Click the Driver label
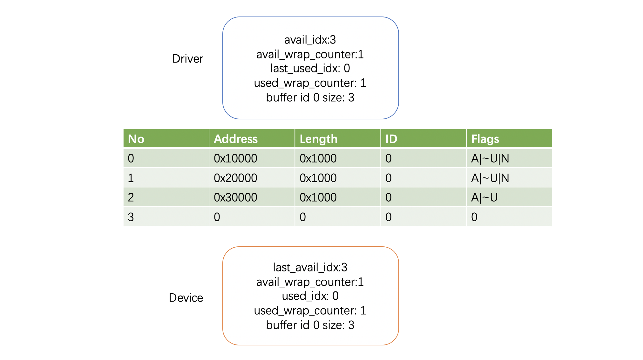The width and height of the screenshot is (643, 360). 187,59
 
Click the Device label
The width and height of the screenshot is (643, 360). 186,298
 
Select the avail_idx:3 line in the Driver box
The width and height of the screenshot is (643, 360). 310,40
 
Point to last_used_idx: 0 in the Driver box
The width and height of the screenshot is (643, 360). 310,68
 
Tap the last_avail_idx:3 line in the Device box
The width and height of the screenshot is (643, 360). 310,267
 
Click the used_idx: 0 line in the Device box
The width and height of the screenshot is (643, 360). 310,296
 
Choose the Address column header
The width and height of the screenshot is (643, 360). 236,139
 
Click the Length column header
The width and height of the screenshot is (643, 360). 318,139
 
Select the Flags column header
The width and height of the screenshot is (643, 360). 485,139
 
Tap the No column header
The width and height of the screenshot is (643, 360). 136,139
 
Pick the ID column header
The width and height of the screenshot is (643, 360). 391,139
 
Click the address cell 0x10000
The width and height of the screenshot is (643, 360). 235,158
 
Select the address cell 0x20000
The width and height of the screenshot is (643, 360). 235,178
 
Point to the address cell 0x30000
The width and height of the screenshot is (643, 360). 235,197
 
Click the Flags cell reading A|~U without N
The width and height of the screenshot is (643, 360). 484,197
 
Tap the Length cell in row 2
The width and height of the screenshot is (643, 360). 318,197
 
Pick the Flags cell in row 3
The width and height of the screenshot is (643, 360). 474,217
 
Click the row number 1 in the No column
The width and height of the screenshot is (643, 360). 131,178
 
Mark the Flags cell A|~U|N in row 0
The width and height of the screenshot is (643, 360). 490,158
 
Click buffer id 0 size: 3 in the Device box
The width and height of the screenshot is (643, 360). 310,325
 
